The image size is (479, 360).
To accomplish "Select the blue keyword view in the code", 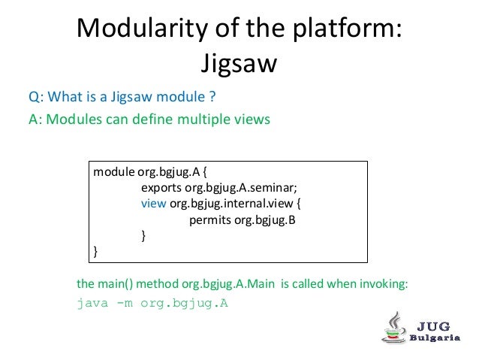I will click(x=154, y=203).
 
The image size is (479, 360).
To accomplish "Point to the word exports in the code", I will click(x=161, y=187).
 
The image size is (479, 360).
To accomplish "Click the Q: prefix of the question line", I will click(x=36, y=96).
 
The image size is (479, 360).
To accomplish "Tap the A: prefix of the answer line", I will click(x=36, y=119).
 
